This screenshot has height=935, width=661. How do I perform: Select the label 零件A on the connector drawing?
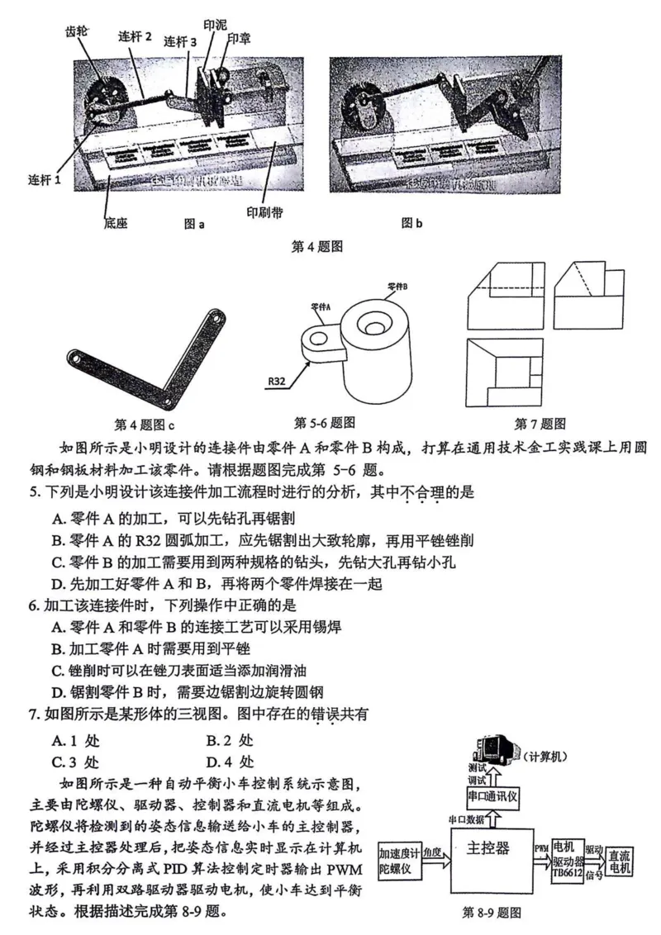click(x=321, y=306)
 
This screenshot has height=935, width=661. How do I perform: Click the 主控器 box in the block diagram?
click(x=488, y=848)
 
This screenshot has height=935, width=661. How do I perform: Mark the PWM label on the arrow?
click(x=540, y=848)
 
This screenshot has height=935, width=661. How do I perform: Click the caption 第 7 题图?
click(x=540, y=424)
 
